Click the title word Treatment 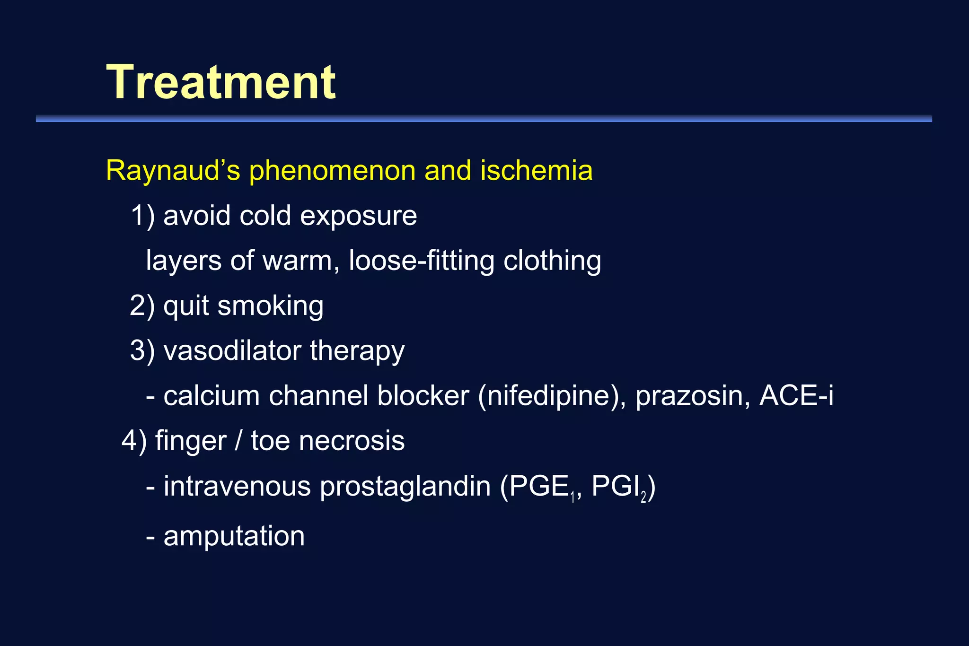coord(221,82)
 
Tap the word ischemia coord(536,170)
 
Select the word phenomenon coord(332,171)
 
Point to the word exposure coord(358,216)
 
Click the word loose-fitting coord(421,261)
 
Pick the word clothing coord(552,261)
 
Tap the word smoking coord(270,306)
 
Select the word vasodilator coord(232,351)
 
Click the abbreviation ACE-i coord(796,395)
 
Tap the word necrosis coord(352,441)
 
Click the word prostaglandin coord(405,487)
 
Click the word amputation coord(234,536)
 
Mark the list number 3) coord(142,351)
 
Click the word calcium coord(211,396)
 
